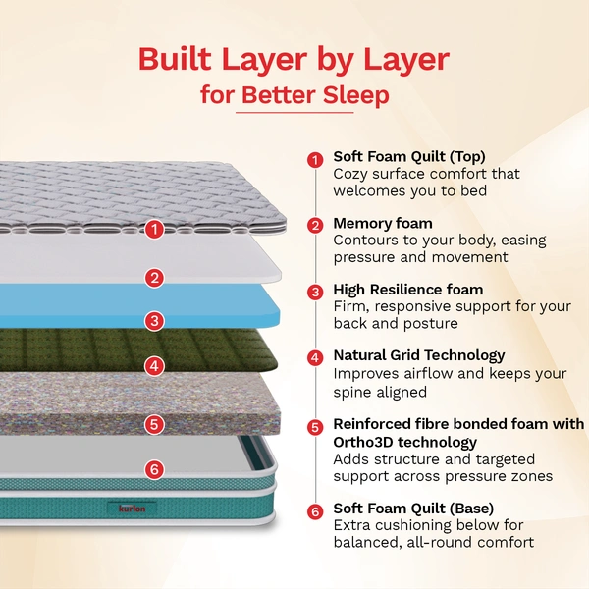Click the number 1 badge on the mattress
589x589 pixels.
coord(153,230)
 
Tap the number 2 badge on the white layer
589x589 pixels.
coord(153,278)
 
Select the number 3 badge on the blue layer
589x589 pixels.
coord(153,320)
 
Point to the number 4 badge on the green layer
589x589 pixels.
coord(153,366)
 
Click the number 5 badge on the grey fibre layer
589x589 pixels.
coord(153,424)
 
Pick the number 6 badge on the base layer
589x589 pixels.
coord(153,469)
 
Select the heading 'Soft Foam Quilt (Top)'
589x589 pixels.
coord(408,156)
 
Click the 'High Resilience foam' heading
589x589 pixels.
coord(407,290)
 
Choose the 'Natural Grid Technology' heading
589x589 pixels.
coord(418,355)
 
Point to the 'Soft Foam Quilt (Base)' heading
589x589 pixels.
coord(412,509)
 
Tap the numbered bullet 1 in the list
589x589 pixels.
coord(315,159)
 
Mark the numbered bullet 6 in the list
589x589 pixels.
coord(315,511)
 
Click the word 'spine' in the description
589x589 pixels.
coord(354,392)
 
